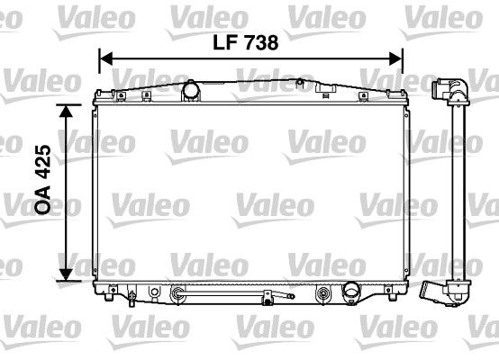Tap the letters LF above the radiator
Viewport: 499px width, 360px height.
coord(222,42)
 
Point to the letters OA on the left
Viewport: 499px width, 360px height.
coord(42,199)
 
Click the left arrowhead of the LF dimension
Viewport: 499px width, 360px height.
coord(106,58)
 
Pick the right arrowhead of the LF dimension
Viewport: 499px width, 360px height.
coord(396,58)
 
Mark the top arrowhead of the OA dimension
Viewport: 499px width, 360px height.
coord(66,111)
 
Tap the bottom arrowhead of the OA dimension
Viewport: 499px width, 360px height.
coord(66,274)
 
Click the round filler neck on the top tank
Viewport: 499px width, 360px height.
coord(191,90)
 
